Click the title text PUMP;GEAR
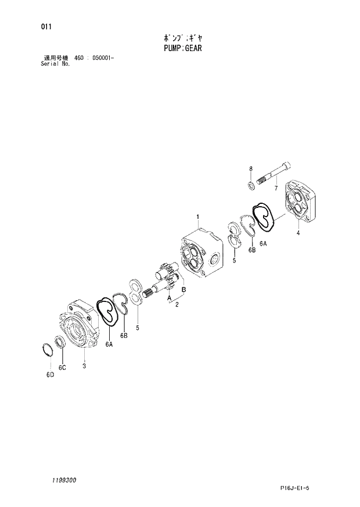181,49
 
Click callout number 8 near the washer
251,169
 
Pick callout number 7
276,188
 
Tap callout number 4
298,233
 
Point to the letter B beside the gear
183,289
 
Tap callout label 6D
50,375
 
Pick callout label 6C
62,367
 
